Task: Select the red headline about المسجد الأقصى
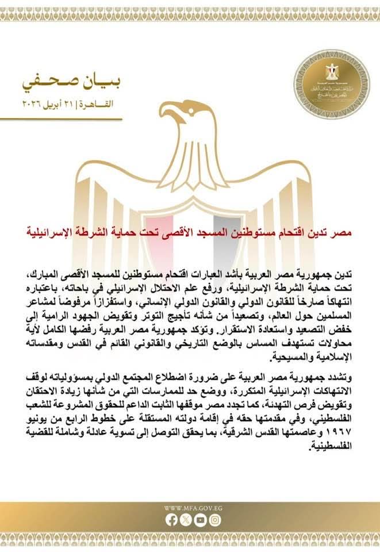click(x=189, y=232)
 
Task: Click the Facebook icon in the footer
click(x=171, y=520)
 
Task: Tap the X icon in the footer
click(x=186, y=520)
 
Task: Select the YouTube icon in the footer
click(x=200, y=520)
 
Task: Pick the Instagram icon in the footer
click(x=214, y=520)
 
